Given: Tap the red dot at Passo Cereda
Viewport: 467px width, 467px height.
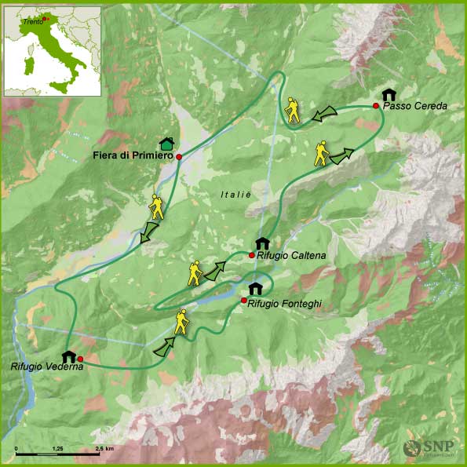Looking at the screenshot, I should pos(376,106).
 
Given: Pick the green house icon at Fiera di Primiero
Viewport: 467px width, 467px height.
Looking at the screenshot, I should pos(166,144).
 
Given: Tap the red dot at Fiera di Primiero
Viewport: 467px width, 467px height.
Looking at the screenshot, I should pos(179,157).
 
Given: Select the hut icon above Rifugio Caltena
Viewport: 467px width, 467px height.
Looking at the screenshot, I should pos(262,243).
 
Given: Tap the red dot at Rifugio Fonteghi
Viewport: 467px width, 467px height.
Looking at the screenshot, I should pos(244,301).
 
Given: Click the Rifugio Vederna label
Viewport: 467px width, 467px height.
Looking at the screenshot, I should pos(47,366).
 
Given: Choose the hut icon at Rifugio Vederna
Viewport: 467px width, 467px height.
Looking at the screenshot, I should pos(68,357).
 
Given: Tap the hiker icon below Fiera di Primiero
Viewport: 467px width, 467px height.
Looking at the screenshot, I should pos(155,206).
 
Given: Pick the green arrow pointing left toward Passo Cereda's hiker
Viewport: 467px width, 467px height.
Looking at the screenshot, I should pos(322,115).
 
